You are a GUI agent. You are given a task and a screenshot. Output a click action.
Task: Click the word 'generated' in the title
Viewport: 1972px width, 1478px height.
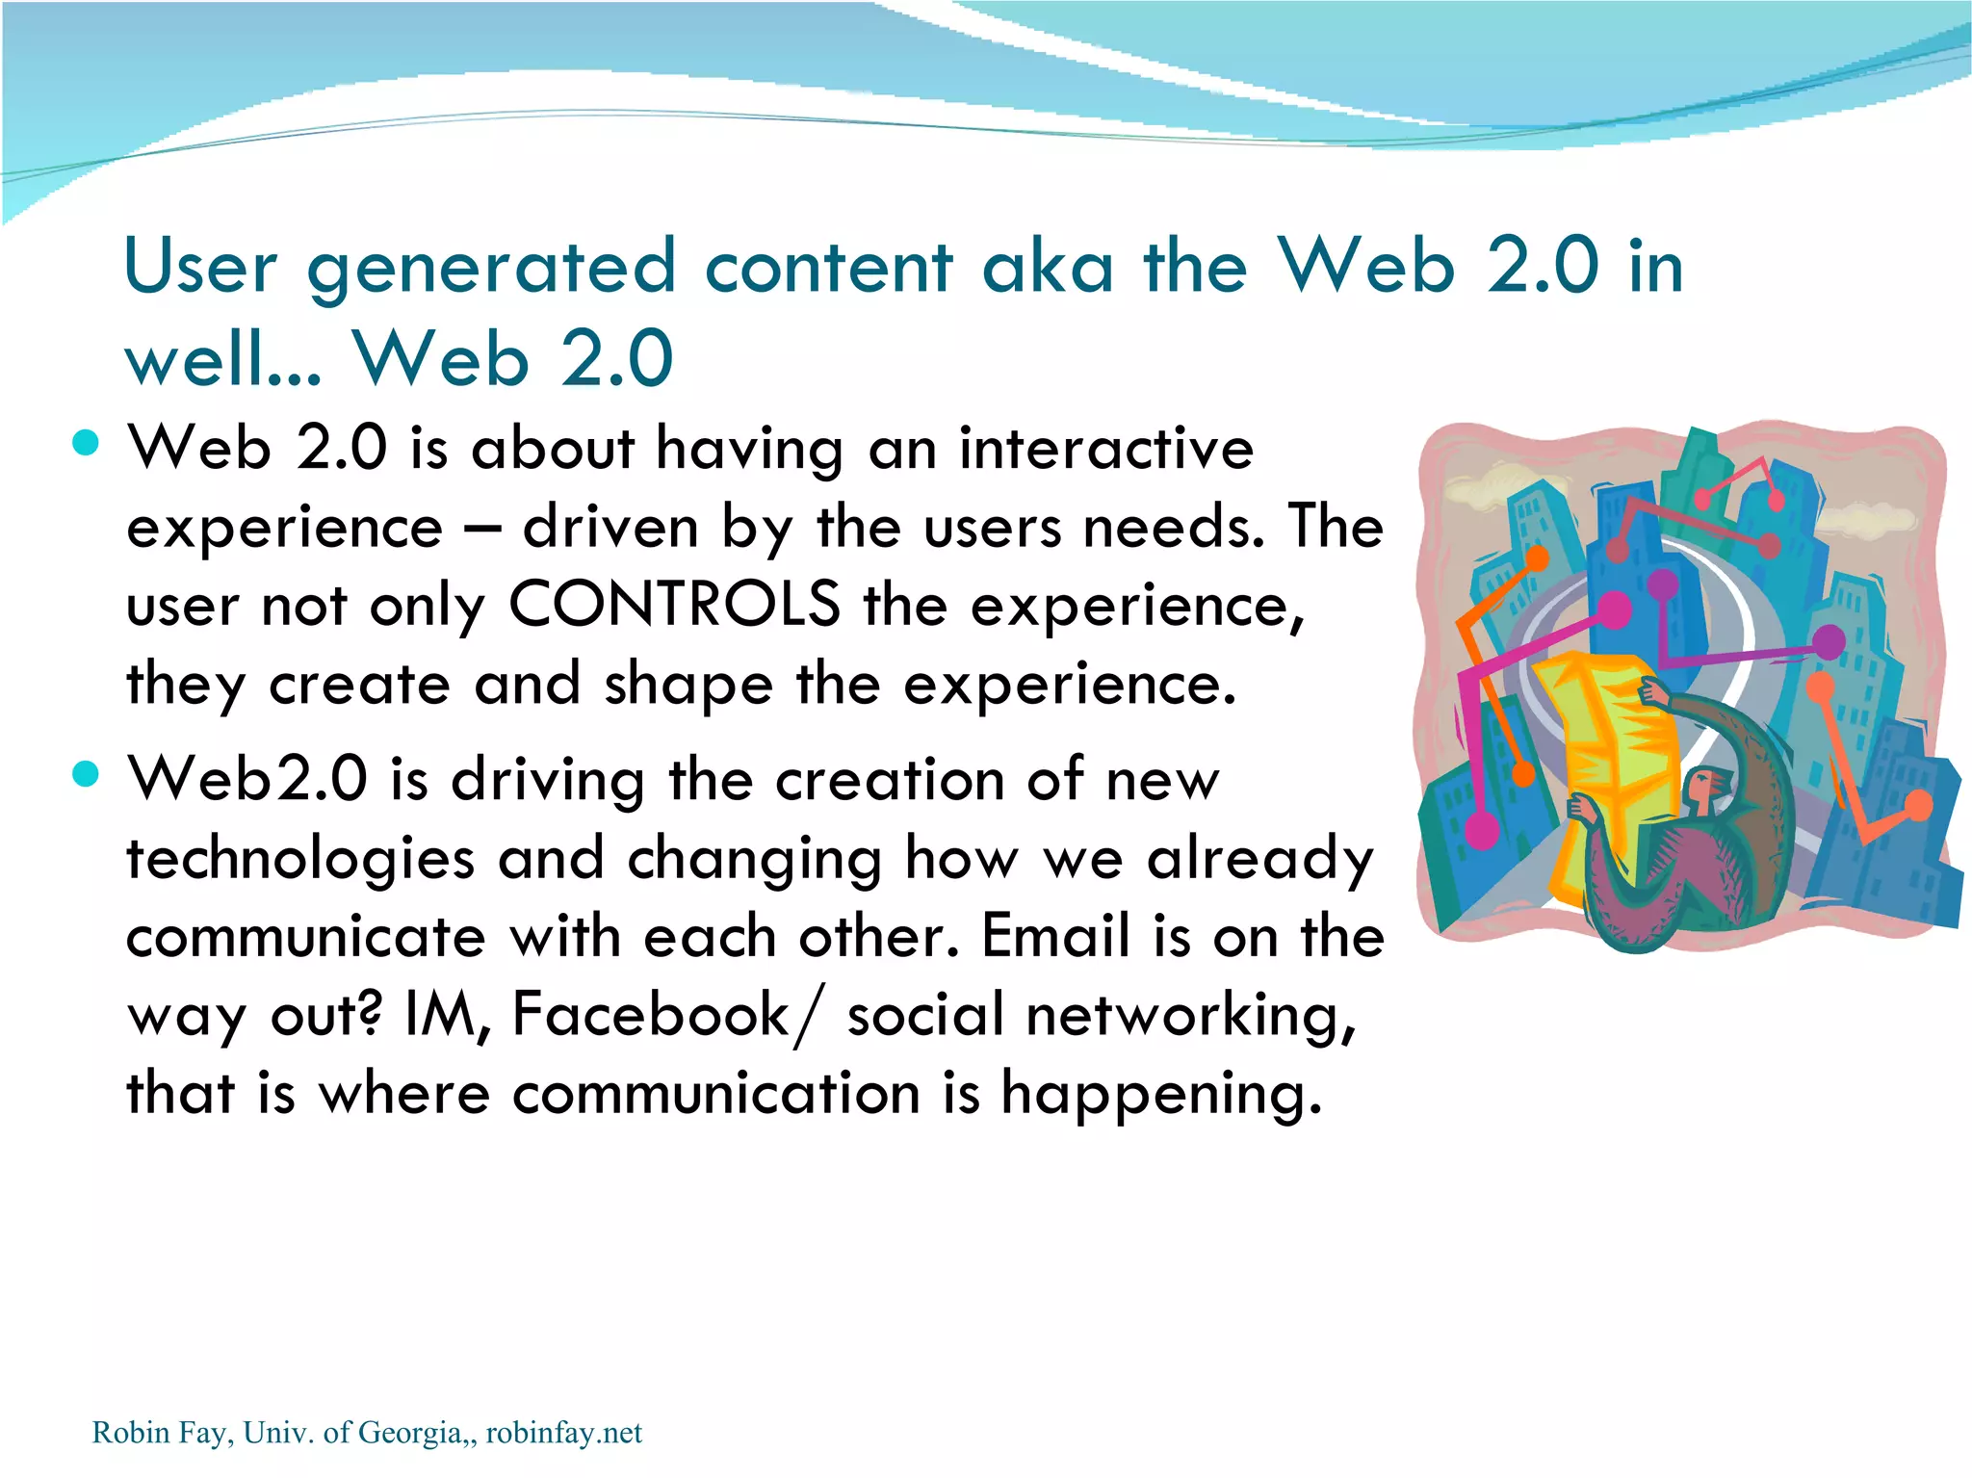[x=491, y=269]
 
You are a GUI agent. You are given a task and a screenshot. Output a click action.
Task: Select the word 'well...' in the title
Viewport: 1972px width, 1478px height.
[x=222, y=359]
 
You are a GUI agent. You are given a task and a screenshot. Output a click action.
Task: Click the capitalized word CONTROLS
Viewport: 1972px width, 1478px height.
[x=674, y=606]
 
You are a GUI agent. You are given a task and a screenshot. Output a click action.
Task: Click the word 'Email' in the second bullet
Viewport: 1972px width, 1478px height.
[x=1055, y=936]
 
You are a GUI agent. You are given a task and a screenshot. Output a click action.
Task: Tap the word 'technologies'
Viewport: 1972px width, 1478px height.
[x=300, y=859]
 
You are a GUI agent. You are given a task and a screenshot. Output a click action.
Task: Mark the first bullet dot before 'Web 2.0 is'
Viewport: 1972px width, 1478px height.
[x=86, y=442]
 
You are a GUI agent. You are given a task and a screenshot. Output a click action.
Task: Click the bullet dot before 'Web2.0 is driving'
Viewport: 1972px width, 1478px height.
[x=86, y=773]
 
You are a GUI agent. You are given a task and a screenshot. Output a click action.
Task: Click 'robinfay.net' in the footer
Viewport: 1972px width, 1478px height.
[x=563, y=1433]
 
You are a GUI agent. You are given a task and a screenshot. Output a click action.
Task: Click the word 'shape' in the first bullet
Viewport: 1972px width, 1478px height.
[x=688, y=685]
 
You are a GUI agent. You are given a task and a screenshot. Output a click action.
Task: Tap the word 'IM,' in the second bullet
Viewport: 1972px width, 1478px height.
[x=448, y=1015]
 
